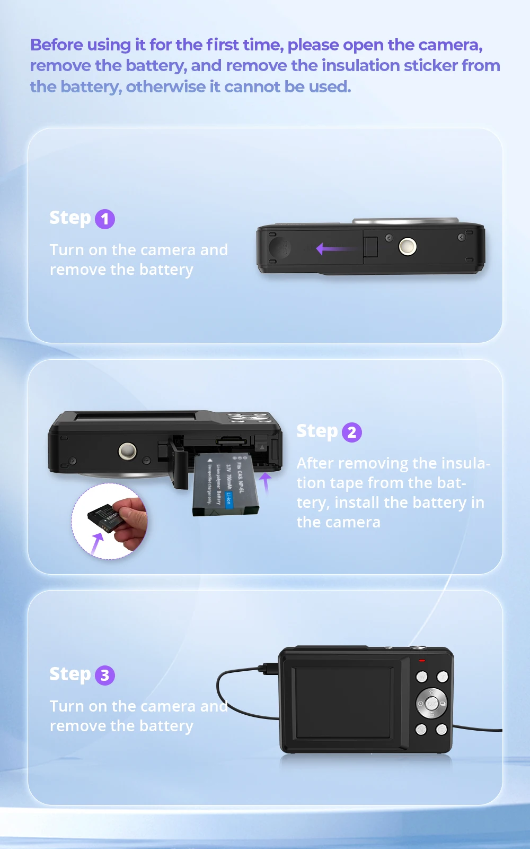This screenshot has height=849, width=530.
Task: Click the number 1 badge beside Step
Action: click(105, 219)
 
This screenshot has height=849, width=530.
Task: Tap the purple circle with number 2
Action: click(352, 432)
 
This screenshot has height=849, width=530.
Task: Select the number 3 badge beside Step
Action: click(105, 675)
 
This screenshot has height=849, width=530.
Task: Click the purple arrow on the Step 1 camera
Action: click(334, 248)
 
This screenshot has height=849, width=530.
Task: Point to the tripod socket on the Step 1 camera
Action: click(408, 246)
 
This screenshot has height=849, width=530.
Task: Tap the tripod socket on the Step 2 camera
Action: click(127, 451)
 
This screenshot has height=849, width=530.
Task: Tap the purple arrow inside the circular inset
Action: click(97, 543)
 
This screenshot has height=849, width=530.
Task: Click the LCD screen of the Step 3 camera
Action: click(344, 702)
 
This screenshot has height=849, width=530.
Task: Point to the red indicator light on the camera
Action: click(422, 661)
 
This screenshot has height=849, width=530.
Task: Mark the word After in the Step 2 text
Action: click(315, 463)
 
